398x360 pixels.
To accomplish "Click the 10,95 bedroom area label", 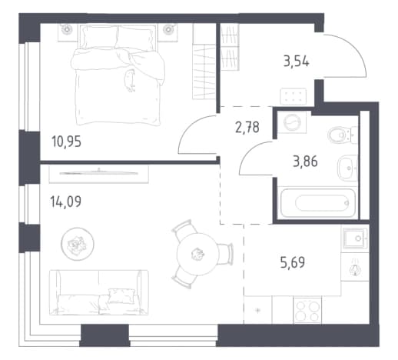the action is [67, 142].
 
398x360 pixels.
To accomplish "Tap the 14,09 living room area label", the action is [66, 202].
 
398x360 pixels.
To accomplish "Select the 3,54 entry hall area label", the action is [297, 62].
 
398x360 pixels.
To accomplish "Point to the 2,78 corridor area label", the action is [247, 128].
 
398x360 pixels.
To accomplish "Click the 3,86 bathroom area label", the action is [305, 162].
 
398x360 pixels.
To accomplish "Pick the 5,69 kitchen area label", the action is [293, 263].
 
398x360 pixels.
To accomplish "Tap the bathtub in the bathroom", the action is [318, 203].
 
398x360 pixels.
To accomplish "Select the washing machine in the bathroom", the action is [292, 122].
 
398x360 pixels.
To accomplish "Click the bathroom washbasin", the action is [347, 168].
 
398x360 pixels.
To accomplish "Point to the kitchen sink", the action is [355, 238].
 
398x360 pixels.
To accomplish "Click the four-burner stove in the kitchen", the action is [307, 310].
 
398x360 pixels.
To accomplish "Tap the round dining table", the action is [197, 255].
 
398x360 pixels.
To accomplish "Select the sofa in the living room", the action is [99, 292].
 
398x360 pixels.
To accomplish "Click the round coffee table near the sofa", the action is [78, 244].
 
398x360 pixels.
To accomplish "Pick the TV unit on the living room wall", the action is [99, 174].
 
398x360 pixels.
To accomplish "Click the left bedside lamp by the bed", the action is [67, 29].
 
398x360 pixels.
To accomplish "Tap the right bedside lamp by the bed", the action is [168, 29].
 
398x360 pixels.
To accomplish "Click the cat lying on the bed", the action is [130, 81].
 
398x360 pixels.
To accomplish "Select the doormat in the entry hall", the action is [294, 96].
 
